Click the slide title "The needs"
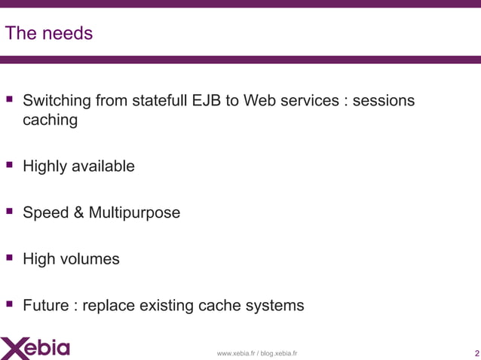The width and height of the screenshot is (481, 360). (x=49, y=34)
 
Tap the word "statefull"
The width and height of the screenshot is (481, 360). (x=166, y=101)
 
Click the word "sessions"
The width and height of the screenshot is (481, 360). (x=384, y=101)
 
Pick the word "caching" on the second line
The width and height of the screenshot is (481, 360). (x=50, y=120)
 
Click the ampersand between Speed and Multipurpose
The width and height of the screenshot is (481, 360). (x=78, y=213)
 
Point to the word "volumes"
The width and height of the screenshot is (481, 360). (x=90, y=260)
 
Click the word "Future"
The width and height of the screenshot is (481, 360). (x=47, y=306)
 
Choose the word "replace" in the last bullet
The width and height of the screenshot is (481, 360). (x=112, y=306)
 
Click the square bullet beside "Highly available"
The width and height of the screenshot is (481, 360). (x=11, y=165)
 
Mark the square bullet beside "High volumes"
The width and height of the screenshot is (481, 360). (x=11, y=258)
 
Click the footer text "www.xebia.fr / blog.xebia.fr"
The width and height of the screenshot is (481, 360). (x=257, y=353)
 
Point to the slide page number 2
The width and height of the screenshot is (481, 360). (x=476, y=353)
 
